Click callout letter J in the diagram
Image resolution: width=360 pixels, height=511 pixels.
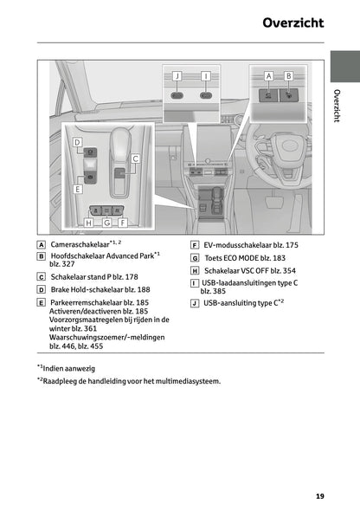tap(177, 76)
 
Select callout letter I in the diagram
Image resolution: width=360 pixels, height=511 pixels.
tap(205, 76)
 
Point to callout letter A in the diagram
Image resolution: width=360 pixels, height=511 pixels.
tap(269, 76)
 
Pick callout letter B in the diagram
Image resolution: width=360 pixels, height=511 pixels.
tap(289, 76)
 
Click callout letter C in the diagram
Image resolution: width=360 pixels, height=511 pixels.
tap(136, 158)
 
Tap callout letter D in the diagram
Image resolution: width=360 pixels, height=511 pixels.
tap(77, 141)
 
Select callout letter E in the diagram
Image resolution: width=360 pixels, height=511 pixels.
tap(78, 188)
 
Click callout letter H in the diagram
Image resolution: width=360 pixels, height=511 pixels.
tap(88, 223)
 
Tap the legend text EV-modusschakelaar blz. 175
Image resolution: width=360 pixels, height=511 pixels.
tap(250, 245)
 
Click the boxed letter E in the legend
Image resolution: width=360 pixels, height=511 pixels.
tap(42, 302)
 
